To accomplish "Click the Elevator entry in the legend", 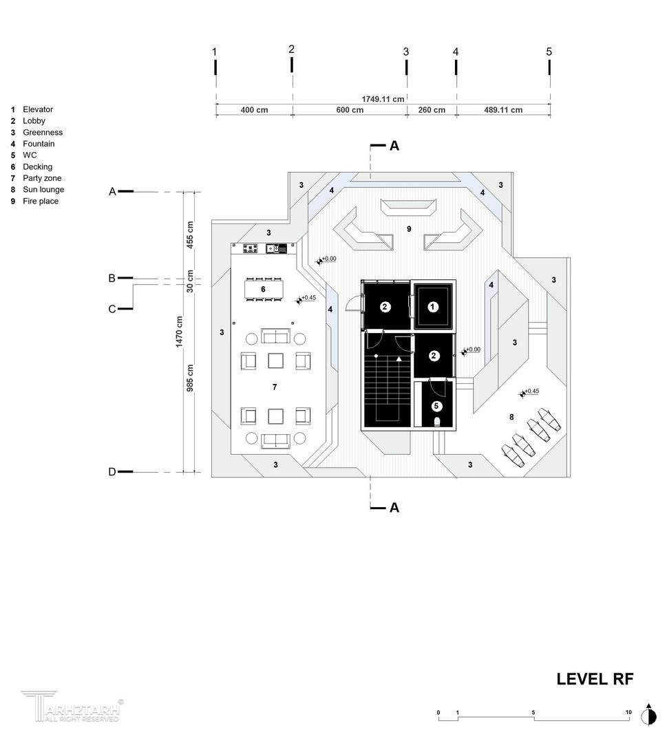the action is tap(32, 109).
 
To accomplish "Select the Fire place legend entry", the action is tap(34, 201).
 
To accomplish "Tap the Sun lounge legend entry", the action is tap(37, 190).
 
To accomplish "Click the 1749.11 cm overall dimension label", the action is tap(383, 99).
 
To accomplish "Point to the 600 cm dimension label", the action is tap(350, 110).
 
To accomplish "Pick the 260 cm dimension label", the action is tap(432, 110).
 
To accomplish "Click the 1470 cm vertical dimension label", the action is tap(179, 332).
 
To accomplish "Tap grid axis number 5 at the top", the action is tap(549, 52).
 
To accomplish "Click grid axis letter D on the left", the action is tap(112, 472).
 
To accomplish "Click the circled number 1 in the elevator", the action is tap(432, 307).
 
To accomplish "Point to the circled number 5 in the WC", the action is tap(436, 406).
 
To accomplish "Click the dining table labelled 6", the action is tap(263, 289).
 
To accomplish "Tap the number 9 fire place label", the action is tap(409, 229).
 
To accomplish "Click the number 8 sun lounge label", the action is tap(511, 417).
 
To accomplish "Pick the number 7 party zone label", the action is tap(275, 387).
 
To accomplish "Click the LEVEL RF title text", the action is tap(595, 679).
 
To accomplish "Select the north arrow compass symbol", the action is tap(648, 715).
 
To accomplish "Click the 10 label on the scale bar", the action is tap(628, 712).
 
